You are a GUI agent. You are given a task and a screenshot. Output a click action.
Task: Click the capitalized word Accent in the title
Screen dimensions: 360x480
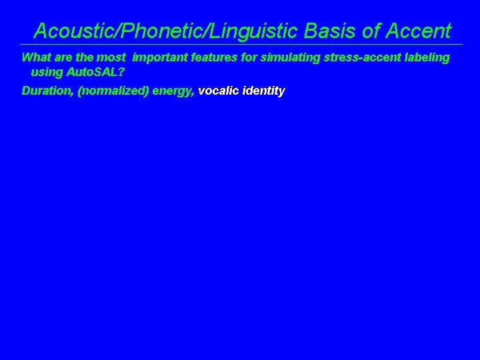pyautogui.click(x=419, y=31)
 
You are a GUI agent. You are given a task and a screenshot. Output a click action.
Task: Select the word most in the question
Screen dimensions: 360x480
pyautogui.click(x=112, y=57)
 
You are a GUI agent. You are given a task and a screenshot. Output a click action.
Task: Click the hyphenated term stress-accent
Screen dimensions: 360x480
pyautogui.click(x=358, y=57)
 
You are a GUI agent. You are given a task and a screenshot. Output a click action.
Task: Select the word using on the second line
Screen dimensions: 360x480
pyautogui.click(x=45, y=71)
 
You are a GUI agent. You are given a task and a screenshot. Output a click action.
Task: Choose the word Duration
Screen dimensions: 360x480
pyautogui.click(x=47, y=91)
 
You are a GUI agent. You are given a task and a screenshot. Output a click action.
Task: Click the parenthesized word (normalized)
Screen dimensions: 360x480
pyautogui.click(x=113, y=91)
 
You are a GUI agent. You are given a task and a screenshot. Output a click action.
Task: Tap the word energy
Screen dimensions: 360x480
pyautogui.click(x=173, y=91)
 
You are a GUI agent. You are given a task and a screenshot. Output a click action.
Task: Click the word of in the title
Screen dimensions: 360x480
pyautogui.click(x=373, y=31)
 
